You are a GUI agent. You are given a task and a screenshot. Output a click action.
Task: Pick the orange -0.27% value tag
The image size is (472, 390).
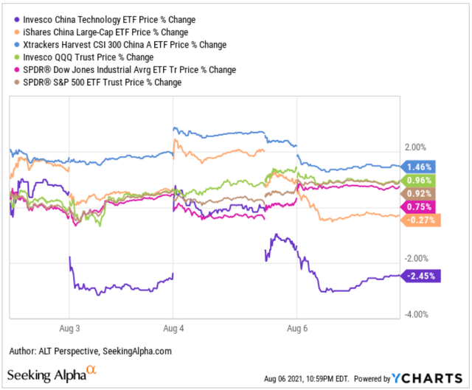pos(421,220)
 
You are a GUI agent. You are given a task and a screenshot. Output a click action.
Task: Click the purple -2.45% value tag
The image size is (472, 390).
pos(421,276)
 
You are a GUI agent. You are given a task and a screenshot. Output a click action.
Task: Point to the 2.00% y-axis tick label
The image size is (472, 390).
pos(417,147)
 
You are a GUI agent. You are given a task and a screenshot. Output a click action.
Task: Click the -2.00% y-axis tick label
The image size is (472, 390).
pos(417,258)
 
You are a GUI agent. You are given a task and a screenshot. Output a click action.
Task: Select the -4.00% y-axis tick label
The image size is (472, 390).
pos(417,315)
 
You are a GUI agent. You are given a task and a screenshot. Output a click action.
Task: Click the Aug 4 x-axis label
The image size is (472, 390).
pos(172,327)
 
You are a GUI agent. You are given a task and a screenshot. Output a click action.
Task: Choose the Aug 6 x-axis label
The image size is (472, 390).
pos(296,327)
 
